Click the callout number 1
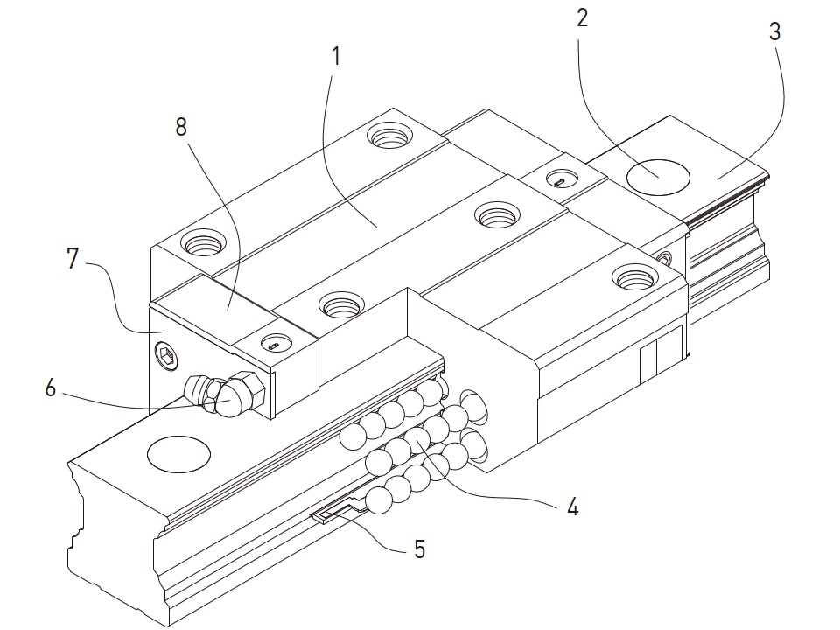click(336, 58)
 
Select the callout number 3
click(774, 32)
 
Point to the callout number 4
click(572, 506)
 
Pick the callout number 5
click(419, 549)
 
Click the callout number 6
click(50, 388)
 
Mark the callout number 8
click(181, 127)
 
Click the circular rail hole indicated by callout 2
click(658, 176)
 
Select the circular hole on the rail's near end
click(178, 454)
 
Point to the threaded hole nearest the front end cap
click(339, 305)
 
